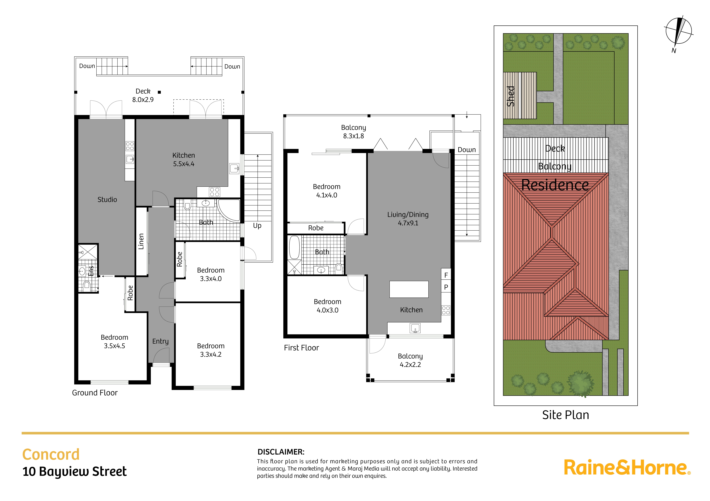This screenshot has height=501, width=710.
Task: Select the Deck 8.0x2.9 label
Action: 143,95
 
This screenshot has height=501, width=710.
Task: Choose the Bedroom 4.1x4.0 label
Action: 327,191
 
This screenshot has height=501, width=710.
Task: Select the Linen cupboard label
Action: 141,241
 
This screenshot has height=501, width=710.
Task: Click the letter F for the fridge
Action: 446,275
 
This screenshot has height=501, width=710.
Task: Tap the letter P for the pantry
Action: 446,287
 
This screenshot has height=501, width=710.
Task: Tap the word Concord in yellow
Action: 51,454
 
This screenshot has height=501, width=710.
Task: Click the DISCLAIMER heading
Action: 281,452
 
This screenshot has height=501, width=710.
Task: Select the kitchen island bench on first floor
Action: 409,289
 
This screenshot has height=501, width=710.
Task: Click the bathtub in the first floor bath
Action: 294,247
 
